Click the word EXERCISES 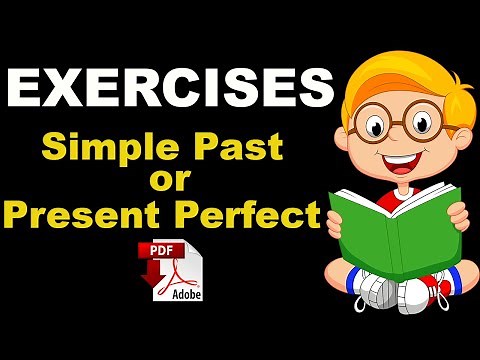click(169, 91)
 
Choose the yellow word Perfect click(256, 215)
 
